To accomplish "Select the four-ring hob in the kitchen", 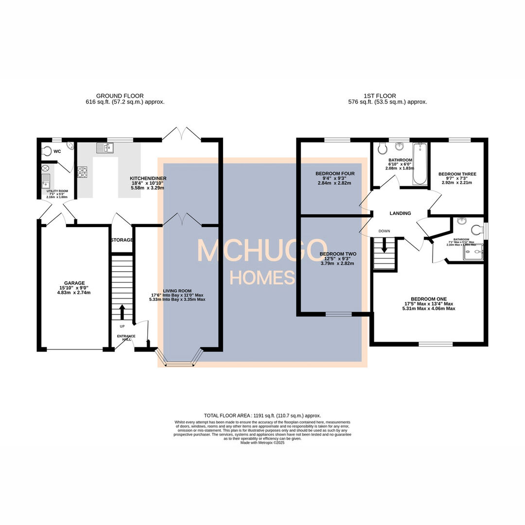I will pos(82,171).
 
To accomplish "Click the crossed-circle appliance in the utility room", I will pos(46,168).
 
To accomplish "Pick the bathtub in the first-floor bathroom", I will pos(420,164).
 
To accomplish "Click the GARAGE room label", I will pos(74,283).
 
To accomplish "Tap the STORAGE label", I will pos(122,240).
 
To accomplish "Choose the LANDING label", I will pos(400,213).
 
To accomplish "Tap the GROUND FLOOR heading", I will pos(120,96).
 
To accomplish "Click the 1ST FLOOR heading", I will pos(379,96).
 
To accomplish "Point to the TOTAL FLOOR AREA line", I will pos(262,416).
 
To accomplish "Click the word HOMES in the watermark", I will pos(262,278).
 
